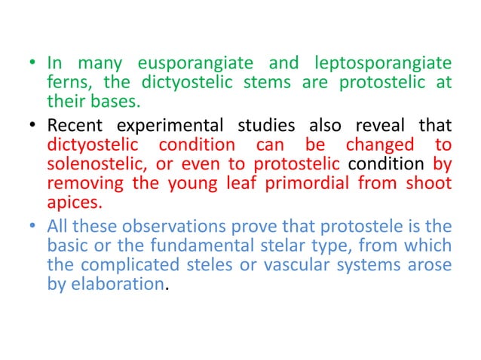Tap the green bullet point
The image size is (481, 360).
(36, 64)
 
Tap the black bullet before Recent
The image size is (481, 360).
(36, 125)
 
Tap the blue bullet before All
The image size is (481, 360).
(36, 226)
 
